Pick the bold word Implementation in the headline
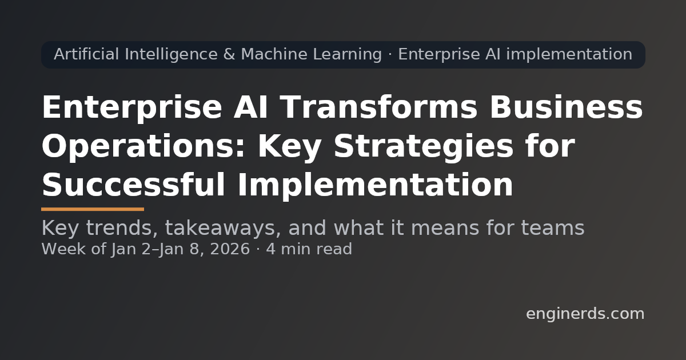click(x=374, y=186)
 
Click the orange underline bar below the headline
click(x=93, y=209)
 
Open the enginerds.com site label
click(x=585, y=314)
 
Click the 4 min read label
click(x=309, y=250)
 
